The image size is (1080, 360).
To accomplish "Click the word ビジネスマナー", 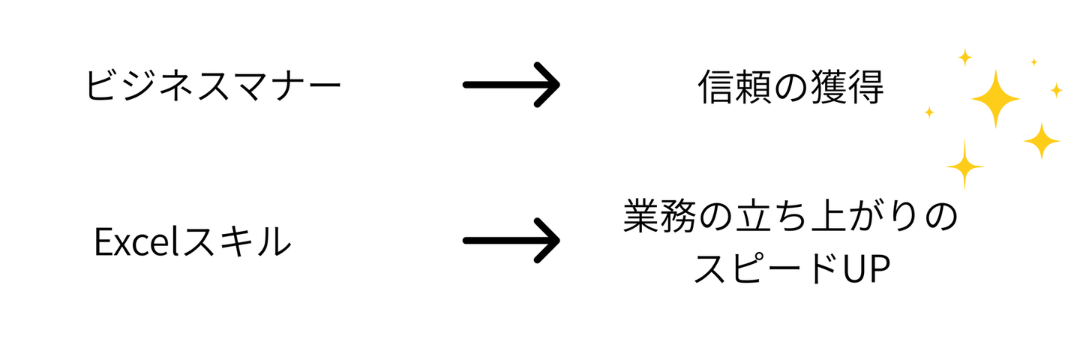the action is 213,85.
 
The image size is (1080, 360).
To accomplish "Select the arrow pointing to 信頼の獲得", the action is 511,85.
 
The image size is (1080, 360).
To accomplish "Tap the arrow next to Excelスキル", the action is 511,241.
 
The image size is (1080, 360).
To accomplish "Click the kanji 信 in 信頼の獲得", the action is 715,87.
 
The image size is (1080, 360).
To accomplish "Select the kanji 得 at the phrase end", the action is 865,87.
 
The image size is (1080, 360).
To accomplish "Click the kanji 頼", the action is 753,87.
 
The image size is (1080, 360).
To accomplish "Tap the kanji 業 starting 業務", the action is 641,217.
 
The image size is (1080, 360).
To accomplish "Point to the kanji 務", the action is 678,217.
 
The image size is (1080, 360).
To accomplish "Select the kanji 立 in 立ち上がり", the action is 753,217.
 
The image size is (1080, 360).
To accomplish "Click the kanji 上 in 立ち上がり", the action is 828,217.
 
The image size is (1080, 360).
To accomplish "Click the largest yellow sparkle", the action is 996,99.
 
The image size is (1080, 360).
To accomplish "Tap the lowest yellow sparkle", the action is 964,166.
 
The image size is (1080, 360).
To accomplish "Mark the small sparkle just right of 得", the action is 929,112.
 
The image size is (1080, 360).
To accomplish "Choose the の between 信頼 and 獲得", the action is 790,88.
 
